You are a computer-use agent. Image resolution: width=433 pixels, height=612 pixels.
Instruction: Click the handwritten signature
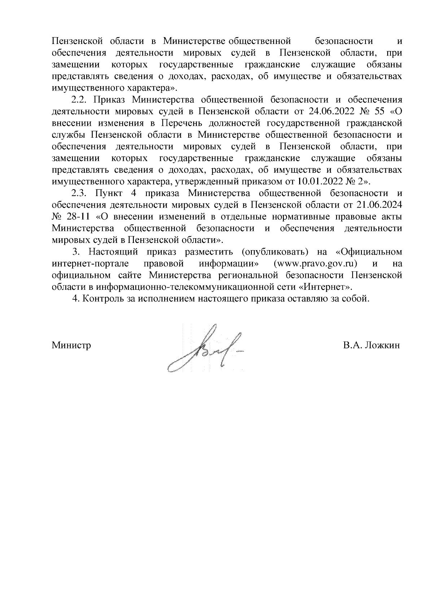[x=205, y=348]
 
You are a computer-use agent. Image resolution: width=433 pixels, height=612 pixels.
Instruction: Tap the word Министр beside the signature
[x=71, y=345]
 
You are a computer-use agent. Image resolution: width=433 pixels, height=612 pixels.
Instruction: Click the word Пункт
[x=109, y=194]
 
